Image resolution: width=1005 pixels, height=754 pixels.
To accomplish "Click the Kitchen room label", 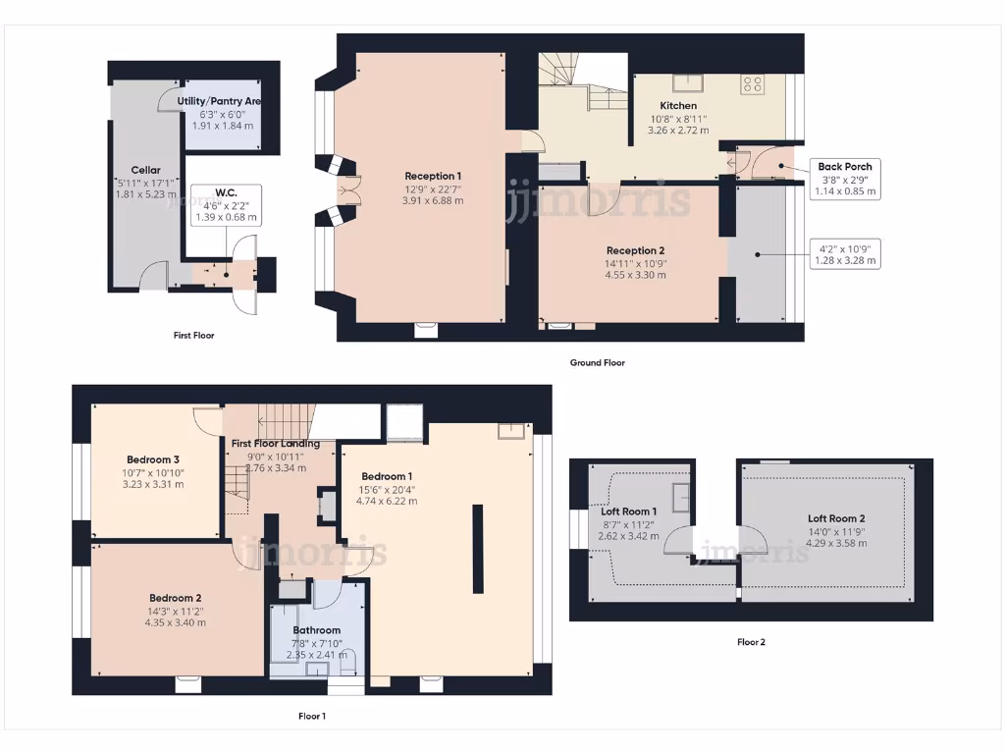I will pos(678,106).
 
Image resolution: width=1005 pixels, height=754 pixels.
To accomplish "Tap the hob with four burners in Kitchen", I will pos(753,85).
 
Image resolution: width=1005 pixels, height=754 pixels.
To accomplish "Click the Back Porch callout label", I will pos(844,167).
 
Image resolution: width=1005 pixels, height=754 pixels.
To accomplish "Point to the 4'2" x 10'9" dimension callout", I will pos(844,254).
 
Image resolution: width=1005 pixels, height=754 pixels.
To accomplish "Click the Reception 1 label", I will pos(433,177).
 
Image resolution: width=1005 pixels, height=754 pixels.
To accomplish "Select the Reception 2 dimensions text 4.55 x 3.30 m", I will pos(636,275).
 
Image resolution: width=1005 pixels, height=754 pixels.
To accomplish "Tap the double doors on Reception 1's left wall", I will pos(344,191).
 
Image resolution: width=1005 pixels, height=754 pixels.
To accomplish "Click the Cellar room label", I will pos(146,170).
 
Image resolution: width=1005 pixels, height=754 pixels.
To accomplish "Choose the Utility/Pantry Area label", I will pos(219,101).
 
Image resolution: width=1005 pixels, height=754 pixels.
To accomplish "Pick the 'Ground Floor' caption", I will pos(597,362).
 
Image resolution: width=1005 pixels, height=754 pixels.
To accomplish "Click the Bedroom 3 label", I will pos(152,459).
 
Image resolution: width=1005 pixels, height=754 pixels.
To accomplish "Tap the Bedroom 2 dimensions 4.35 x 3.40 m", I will pos(176,622).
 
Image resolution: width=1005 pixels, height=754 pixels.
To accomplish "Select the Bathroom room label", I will pos(317,630).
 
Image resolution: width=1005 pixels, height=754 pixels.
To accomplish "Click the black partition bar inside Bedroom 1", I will pos(478,549).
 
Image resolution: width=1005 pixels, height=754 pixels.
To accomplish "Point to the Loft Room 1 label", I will pos(628,512).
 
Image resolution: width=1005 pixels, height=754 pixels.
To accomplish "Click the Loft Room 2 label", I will pos(836,518).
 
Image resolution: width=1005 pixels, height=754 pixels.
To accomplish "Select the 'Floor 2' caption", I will pos(751,642).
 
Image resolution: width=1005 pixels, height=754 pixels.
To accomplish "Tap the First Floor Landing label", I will pos(276,444).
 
